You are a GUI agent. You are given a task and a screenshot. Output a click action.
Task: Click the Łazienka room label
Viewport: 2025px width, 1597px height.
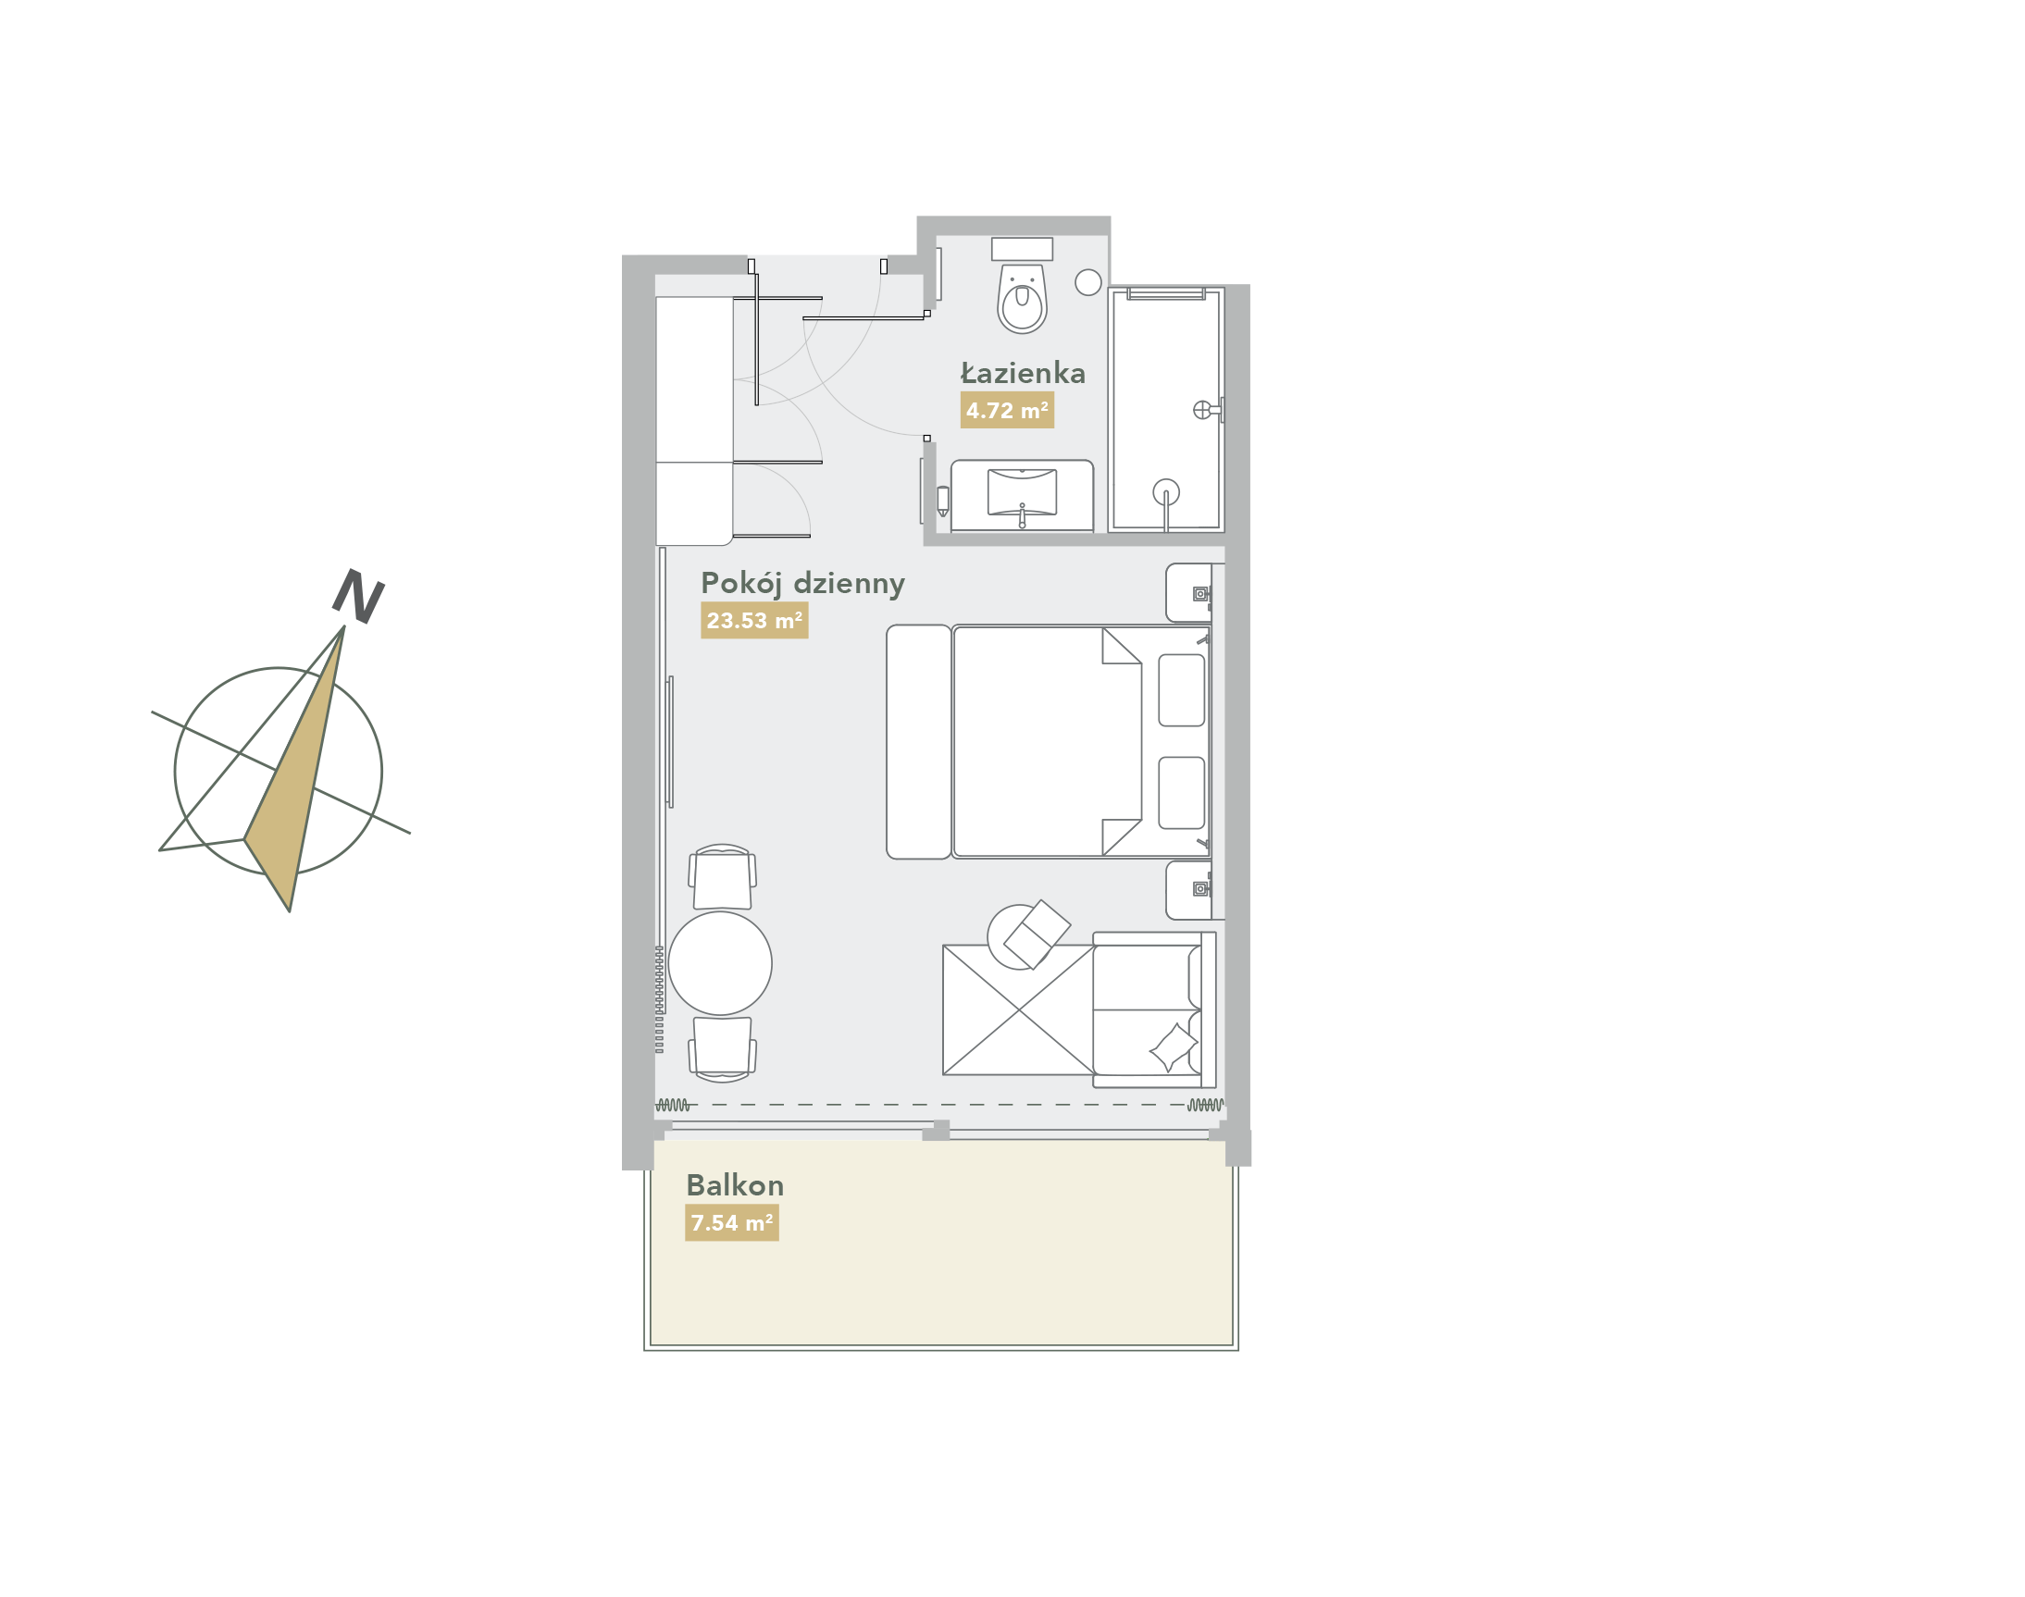[1023, 373]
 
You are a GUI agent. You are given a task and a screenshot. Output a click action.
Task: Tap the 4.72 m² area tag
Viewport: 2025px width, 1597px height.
[1006, 411]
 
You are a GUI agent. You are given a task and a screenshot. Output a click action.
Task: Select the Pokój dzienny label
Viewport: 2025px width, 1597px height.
[802, 585]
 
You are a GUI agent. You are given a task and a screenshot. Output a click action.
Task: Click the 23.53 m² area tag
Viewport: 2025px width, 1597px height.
[754, 621]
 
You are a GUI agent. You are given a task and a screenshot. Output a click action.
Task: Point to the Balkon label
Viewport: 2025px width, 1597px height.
[735, 1185]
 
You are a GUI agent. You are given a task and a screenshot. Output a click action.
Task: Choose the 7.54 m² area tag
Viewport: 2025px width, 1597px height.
[731, 1223]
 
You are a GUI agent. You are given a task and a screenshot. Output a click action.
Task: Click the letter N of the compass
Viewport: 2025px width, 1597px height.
[358, 596]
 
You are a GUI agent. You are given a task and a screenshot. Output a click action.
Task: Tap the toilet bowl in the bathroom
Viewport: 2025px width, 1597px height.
[1022, 297]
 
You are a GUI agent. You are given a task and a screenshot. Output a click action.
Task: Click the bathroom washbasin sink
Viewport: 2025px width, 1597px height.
[1023, 493]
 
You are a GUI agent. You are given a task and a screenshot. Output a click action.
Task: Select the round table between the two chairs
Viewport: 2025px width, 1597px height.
[720, 963]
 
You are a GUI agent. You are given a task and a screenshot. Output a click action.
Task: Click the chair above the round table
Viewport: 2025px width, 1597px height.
[722, 877]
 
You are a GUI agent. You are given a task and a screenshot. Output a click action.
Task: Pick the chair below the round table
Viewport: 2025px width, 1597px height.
[722, 1049]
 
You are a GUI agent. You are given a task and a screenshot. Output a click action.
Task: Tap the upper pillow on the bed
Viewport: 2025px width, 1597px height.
[1181, 690]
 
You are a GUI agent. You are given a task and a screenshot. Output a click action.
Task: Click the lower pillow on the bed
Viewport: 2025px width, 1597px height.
[1181, 793]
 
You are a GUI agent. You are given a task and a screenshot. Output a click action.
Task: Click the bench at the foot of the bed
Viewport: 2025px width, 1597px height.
[918, 741]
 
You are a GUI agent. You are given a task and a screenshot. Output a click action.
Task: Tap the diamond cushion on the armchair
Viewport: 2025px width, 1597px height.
[1174, 1047]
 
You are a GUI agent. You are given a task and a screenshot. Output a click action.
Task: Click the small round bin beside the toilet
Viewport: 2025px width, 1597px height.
[1087, 282]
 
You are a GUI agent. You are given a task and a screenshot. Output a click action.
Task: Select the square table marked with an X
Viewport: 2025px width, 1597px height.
[1019, 1009]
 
